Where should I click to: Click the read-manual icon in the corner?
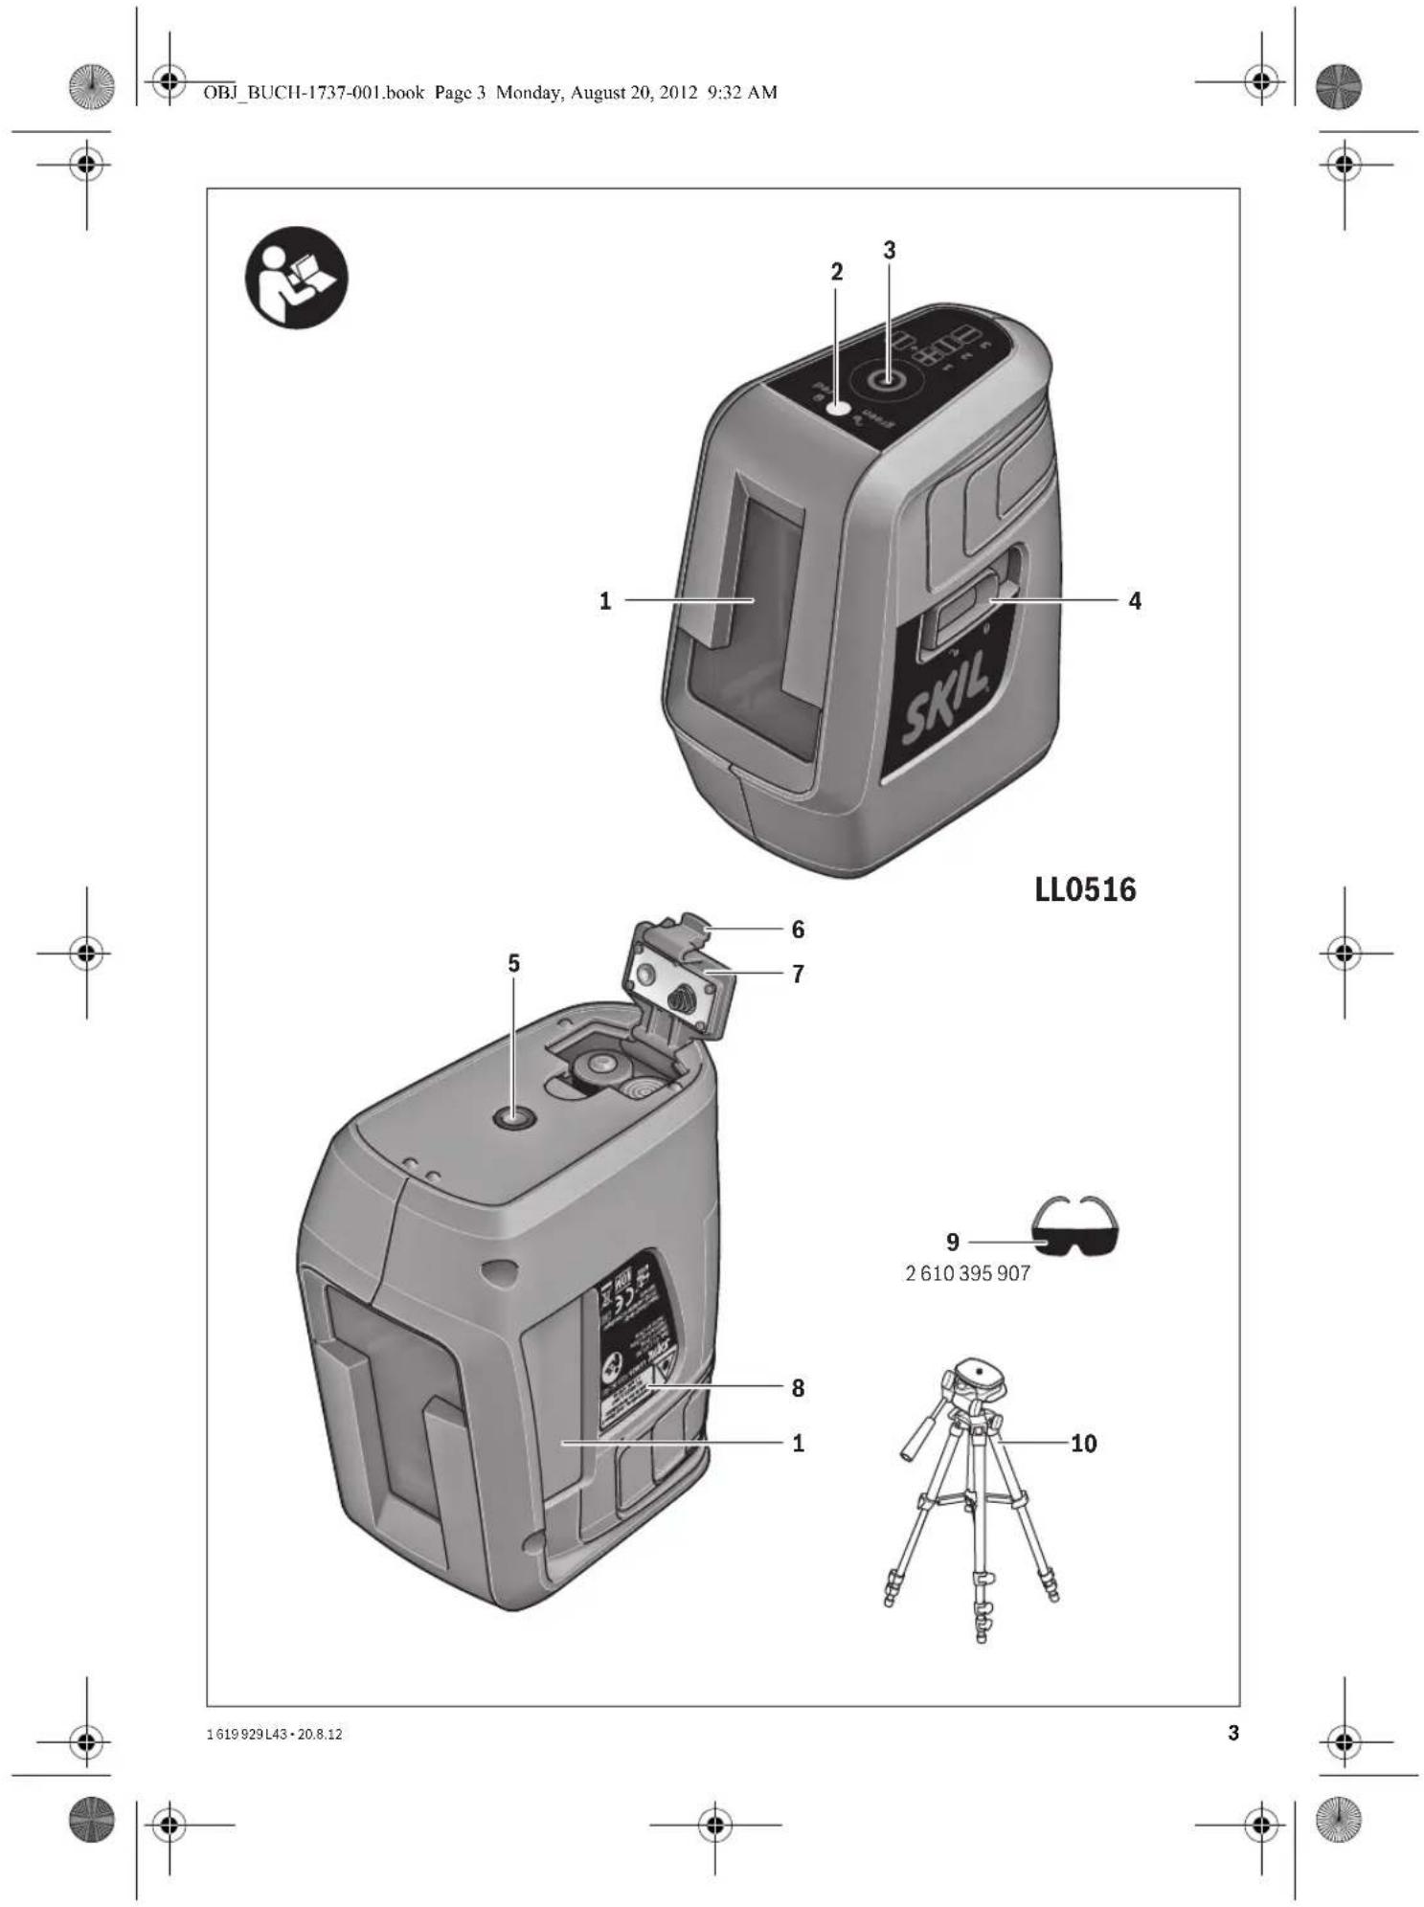coord(297,278)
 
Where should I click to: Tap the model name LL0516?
coord(1085,889)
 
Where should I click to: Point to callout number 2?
coord(836,272)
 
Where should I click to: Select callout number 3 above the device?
coord(890,250)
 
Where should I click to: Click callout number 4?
coord(1135,601)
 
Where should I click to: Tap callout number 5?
coord(514,963)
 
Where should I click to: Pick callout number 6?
coord(798,929)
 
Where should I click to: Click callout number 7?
coord(798,974)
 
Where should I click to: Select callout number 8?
coord(798,1387)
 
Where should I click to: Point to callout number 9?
coord(952,1242)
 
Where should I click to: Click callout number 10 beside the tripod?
coord(1083,1443)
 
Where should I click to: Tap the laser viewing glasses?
coord(1074,1229)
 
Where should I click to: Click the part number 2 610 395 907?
coord(967,1273)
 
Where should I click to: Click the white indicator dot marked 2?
coord(839,408)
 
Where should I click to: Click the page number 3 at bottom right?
coord(1233,1732)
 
